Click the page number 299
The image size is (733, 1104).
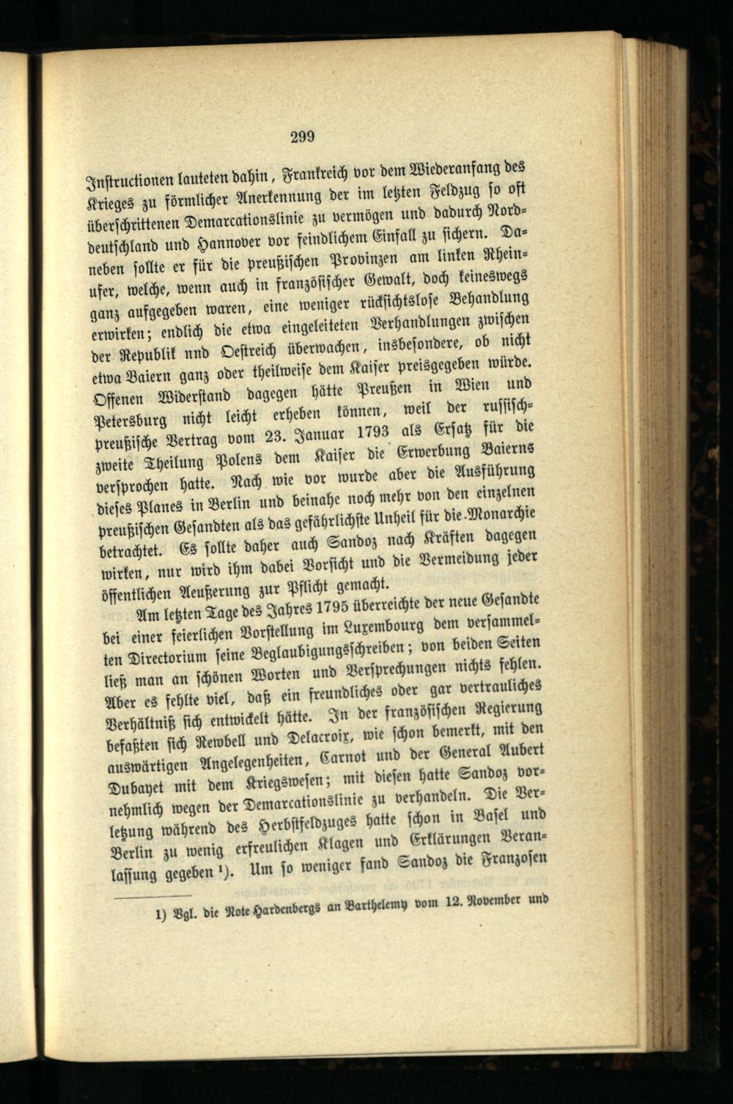pos(302,136)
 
